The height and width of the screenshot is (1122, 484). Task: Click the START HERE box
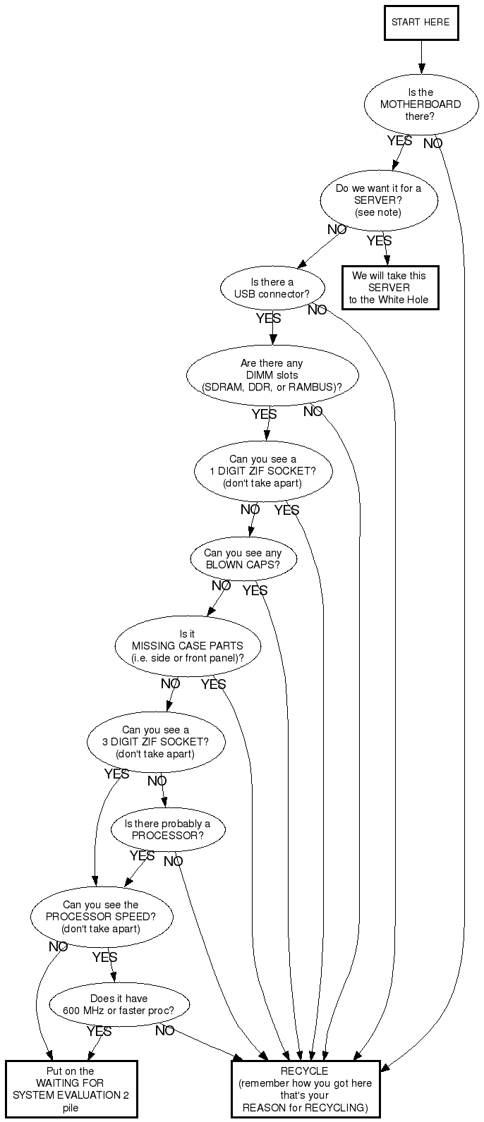[x=421, y=23]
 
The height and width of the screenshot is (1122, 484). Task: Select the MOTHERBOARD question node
[x=421, y=104]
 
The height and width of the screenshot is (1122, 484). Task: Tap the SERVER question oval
[x=379, y=200]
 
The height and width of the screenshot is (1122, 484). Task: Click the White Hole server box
[x=389, y=288]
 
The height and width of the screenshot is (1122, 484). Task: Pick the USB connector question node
[x=272, y=288]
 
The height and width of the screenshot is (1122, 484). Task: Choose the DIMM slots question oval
[x=272, y=375]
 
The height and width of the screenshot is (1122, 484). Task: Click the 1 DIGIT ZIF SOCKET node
[x=263, y=471]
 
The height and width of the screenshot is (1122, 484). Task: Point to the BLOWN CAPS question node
[x=243, y=559]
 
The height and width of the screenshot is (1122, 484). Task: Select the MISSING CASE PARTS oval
[x=188, y=646]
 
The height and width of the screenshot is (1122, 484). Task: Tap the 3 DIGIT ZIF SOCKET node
[x=155, y=742]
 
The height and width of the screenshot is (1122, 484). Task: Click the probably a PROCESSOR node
[x=167, y=829]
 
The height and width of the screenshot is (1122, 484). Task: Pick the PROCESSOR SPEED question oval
[x=101, y=917]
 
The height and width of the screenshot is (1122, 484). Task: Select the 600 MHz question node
[x=119, y=1004]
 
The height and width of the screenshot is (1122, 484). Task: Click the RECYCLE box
[x=305, y=1089]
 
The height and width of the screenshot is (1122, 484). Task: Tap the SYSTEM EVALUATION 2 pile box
[x=71, y=1089]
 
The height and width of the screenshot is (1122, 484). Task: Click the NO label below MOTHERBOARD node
[x=433, y=144]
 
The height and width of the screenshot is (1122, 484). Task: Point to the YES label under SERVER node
[x=379, y=241]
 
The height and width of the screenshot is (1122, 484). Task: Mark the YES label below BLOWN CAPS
[x=255, y=590]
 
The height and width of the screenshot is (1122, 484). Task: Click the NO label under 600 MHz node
[x=165, y=1031]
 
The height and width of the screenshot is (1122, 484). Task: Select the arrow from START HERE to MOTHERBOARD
[x=421, y=56]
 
